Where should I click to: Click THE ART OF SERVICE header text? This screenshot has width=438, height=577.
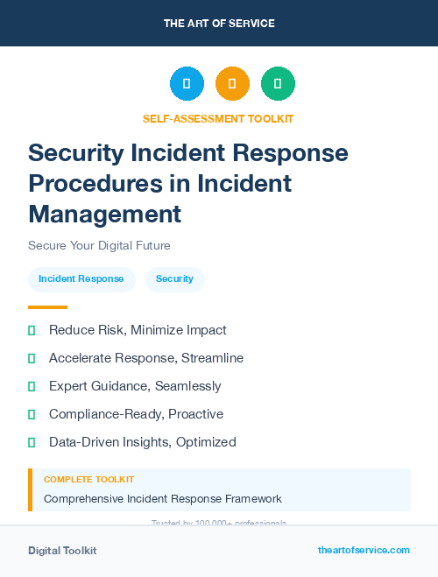[219, 24]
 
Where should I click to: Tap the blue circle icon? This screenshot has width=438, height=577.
[187, 84]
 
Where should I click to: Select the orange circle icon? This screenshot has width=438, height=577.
[232, 84]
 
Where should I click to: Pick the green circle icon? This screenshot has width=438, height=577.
[278, 84]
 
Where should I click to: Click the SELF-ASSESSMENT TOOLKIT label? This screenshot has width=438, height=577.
[218, 118]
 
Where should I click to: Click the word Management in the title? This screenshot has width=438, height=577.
[104, 214]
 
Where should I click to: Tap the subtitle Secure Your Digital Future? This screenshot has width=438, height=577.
[99, 245]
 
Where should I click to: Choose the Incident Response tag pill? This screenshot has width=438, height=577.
[81, 279]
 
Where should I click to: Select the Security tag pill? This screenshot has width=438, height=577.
[174, 279]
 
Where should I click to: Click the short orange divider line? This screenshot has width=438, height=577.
[47, 307]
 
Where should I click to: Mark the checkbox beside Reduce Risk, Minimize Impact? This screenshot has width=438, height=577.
[32, 330]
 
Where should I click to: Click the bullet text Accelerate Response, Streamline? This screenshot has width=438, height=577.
[146, 358]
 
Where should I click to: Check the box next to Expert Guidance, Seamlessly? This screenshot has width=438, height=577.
[32, 386]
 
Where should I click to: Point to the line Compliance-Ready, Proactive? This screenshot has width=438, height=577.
[136, 414]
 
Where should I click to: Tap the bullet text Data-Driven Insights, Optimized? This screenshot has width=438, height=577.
[142, 442]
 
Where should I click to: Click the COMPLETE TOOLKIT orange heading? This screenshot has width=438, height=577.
[88, 480]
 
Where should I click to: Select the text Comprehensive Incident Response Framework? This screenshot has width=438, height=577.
[163, 499]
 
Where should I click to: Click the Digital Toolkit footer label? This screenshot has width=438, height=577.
[62, 551]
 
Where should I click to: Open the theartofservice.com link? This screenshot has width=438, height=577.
[364, 550]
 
